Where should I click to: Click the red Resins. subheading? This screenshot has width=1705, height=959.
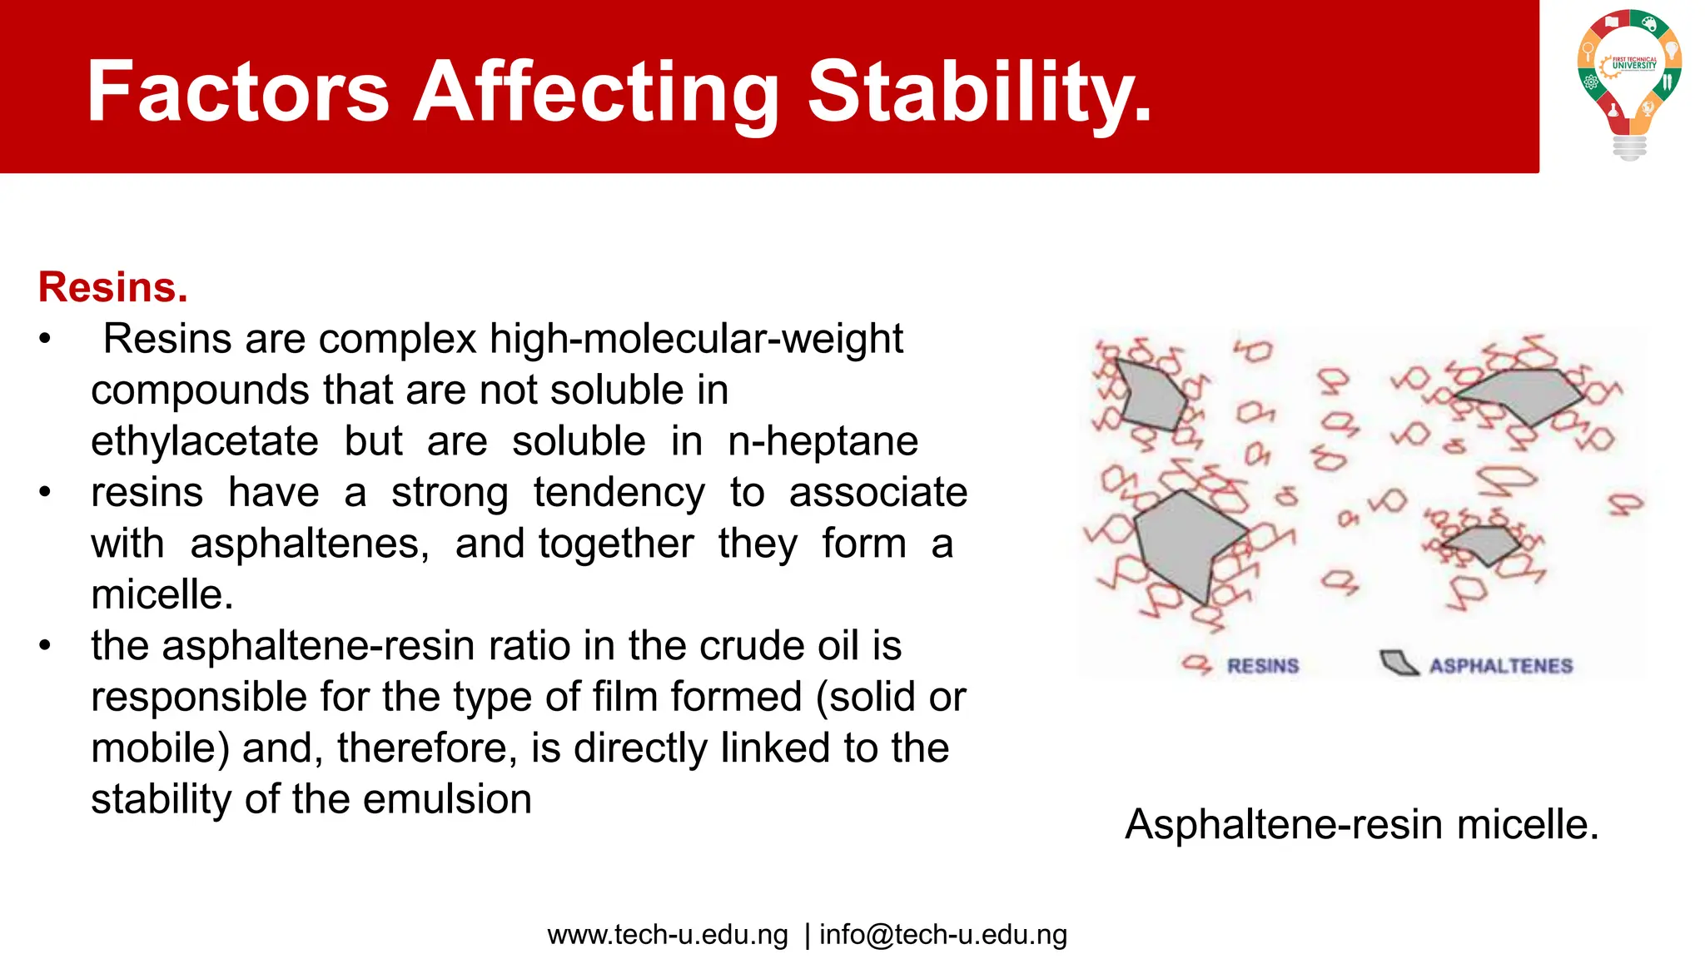[113, 287]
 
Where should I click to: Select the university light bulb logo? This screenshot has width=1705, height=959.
[1629, 83]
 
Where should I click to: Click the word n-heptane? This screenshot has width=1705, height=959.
[823, 441]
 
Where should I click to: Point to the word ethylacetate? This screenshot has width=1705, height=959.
[205, 441]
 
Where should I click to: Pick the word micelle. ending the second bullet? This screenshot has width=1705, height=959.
[162, 594]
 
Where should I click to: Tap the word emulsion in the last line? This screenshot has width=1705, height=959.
[447, 799]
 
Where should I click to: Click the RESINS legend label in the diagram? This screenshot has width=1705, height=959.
[1262, 666]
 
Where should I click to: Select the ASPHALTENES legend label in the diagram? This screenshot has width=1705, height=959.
[1501, 666]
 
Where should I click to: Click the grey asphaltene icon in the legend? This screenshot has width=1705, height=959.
[1399, 663]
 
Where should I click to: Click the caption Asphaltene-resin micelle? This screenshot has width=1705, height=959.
[1361, 824]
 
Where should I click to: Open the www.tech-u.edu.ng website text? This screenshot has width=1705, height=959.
[668, 935]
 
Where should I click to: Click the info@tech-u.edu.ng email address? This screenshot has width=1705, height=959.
[942, 935]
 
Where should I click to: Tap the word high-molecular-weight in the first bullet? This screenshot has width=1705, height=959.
[696, 339]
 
